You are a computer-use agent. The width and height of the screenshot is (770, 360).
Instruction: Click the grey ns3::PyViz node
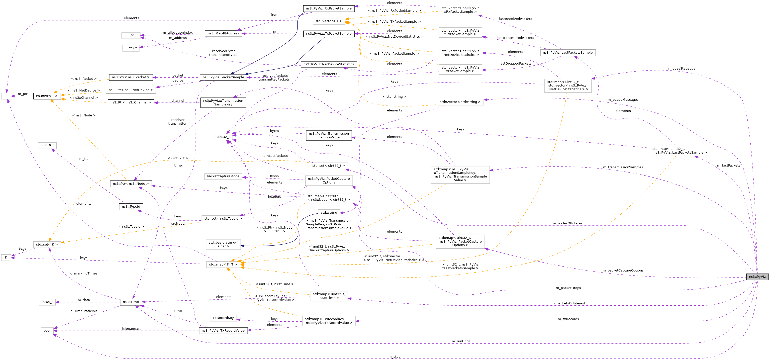[x=757, y=277]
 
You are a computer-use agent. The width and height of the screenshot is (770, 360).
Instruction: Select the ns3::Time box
[x=131, y=302]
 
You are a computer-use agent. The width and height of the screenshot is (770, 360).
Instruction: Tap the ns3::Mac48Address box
[x=223, y=33]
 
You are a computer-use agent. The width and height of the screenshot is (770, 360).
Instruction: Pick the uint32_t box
[x=223, y=137]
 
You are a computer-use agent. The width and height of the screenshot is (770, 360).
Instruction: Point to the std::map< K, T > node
[x=223, y=265]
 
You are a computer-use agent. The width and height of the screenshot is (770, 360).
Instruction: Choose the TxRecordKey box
[x=223, y=318]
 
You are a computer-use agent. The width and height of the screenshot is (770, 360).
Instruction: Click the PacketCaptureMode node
[x=223, y=176]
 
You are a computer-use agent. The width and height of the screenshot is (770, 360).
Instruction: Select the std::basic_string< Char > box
[x=223, y=244]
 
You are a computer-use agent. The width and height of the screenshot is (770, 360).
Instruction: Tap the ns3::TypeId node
[x=131, y=207]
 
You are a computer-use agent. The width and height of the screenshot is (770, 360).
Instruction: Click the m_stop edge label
[x=394, y=357]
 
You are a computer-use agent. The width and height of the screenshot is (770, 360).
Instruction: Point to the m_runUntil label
[x=460, y=341]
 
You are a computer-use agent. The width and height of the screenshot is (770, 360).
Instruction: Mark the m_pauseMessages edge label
[x=623, y=100]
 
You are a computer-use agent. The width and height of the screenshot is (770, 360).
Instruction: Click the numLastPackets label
[x=274, y=156]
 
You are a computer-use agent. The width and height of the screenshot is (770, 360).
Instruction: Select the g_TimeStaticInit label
[x=84, y=311]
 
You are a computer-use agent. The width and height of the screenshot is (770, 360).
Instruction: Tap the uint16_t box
[x=47, y=146]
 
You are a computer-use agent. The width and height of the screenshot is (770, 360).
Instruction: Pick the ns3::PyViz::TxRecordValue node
[x=223, y=330]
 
